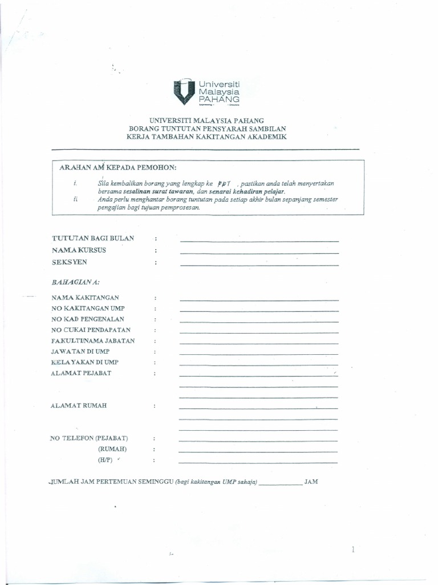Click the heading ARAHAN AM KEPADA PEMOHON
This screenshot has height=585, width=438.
(118, 167)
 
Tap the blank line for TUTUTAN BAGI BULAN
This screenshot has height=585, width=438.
(259, 241)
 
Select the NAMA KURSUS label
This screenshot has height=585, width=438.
(79, 250)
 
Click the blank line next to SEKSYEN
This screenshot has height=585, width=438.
(259, 265)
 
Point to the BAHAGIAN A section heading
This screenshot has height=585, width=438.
(75, 282)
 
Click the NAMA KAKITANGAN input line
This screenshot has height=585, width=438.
(259, 300)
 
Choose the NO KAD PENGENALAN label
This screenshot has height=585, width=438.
(87, 319)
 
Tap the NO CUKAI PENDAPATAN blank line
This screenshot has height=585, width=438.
(259, 332)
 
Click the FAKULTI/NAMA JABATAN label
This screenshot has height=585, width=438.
(93, 341)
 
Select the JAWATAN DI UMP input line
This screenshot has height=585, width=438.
(259, 354)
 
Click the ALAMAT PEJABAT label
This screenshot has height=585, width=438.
(81, 374)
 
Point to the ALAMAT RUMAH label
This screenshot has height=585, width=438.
(79, 406)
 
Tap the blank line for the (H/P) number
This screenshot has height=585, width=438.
(258, 462)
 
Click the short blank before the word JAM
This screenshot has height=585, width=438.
(280, 484)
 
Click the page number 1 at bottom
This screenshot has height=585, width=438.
(353, 550)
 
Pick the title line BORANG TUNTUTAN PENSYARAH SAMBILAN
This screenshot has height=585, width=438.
(206, 129)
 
